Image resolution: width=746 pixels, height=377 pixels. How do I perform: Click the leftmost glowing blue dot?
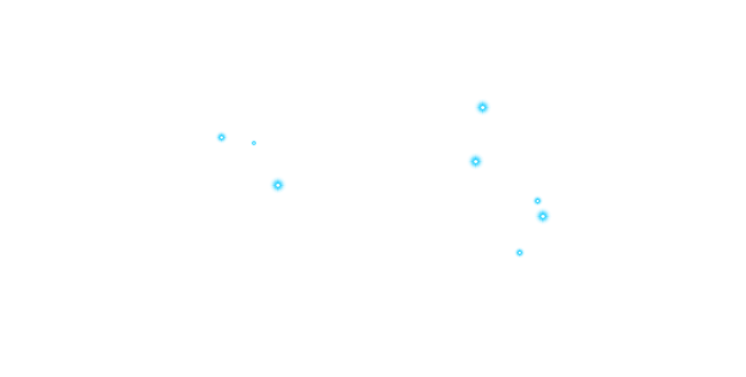221,137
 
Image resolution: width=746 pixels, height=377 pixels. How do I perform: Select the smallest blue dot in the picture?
254,143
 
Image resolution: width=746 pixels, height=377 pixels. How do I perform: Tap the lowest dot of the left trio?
278,185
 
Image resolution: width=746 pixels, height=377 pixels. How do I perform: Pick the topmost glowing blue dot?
483,107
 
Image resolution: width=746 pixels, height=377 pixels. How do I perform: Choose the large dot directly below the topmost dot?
476,161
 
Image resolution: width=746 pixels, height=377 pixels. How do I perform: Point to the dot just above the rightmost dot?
537,201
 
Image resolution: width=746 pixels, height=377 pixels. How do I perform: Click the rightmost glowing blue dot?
543,216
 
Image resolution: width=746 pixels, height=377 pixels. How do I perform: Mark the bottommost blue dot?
519,253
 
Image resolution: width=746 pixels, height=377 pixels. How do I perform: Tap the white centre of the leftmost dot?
221,137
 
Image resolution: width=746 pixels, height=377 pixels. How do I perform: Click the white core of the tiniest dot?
254,143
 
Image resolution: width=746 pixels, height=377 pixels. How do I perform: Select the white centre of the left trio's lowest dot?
278,185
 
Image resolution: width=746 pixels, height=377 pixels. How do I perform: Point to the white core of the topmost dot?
483,107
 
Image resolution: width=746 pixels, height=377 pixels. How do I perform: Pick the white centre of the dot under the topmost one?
476,161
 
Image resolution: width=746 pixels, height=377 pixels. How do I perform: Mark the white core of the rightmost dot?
543,216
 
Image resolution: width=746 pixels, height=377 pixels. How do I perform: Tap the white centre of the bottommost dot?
519,253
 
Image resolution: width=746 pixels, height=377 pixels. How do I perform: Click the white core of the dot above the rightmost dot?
537,201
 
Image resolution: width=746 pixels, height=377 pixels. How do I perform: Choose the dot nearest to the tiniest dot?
221,137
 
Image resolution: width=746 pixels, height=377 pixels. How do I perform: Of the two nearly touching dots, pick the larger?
543,216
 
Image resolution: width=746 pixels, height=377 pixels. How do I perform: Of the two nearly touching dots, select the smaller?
537,201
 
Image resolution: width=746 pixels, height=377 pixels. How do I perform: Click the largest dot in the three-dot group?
278,185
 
